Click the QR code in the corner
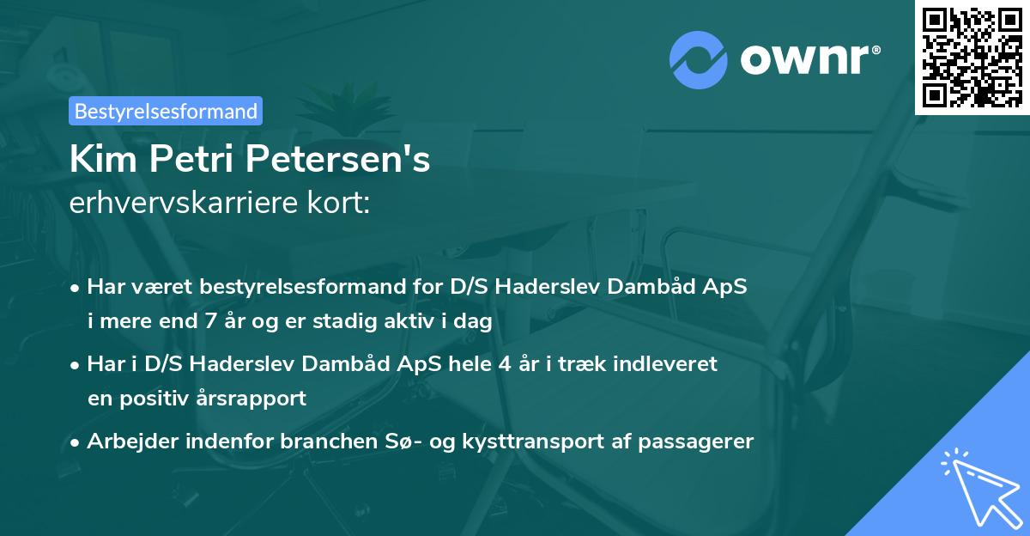coord(971,57)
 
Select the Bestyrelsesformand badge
coord(166,111)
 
